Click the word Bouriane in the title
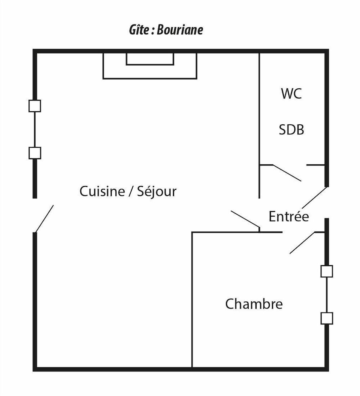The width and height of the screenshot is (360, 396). click(180, 30)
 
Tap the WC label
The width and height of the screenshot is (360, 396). click(291, 93)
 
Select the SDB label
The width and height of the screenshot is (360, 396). click(291, 130)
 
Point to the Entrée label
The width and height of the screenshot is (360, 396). click(289, 217)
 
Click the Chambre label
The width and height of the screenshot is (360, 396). click(254, 304)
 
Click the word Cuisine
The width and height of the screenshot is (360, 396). click(102, 191)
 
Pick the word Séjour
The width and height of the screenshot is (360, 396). click(156, 191)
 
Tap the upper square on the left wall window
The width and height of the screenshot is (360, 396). click(34, 106)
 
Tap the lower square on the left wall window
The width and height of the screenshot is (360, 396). click(34, 153)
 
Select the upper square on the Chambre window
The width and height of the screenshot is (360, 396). click(327, 271)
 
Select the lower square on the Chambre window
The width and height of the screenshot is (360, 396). click(327, 318)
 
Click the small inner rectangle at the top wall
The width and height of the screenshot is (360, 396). click(150, 59)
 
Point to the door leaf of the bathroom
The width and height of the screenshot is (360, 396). click(287, 173)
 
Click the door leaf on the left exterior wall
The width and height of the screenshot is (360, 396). click(44, 219)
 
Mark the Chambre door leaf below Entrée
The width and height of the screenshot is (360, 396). click(302, 243)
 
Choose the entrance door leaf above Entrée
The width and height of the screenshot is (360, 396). click(314, 198)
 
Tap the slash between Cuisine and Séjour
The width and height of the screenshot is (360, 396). click(131, 191)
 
